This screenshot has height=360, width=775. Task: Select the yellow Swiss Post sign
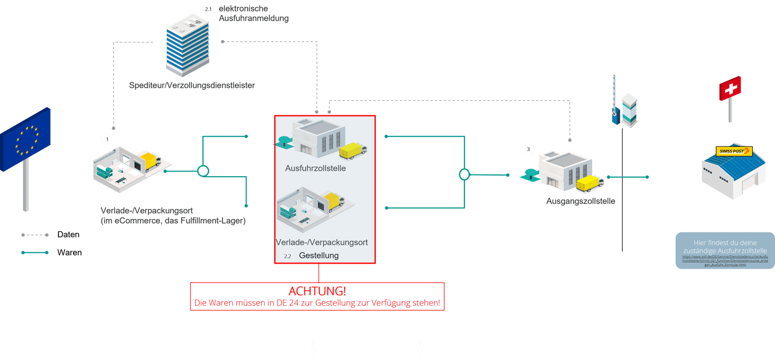click(x=734, y=151)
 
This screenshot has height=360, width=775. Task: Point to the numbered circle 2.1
click(x=207, y=9)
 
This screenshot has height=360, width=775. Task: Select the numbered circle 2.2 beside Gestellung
click(x=287, y=256)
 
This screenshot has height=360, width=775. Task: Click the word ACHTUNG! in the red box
click(x=317, y=291)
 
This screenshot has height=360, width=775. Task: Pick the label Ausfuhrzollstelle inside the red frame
click(x=316, y=168)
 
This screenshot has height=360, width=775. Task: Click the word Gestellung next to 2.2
click(x=318, y=256)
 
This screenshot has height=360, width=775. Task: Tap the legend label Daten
click(x=68, y=235)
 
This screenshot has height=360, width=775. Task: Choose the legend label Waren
click(x=69, y=253)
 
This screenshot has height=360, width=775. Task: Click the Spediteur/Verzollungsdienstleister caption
click(x=192, y=86)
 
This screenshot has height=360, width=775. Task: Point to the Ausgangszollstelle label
click(x=580, y=201)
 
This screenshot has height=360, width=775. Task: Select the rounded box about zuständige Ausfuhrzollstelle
click(x=725, y=250)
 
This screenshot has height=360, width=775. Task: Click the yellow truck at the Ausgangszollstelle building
click(x=590, y=183)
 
